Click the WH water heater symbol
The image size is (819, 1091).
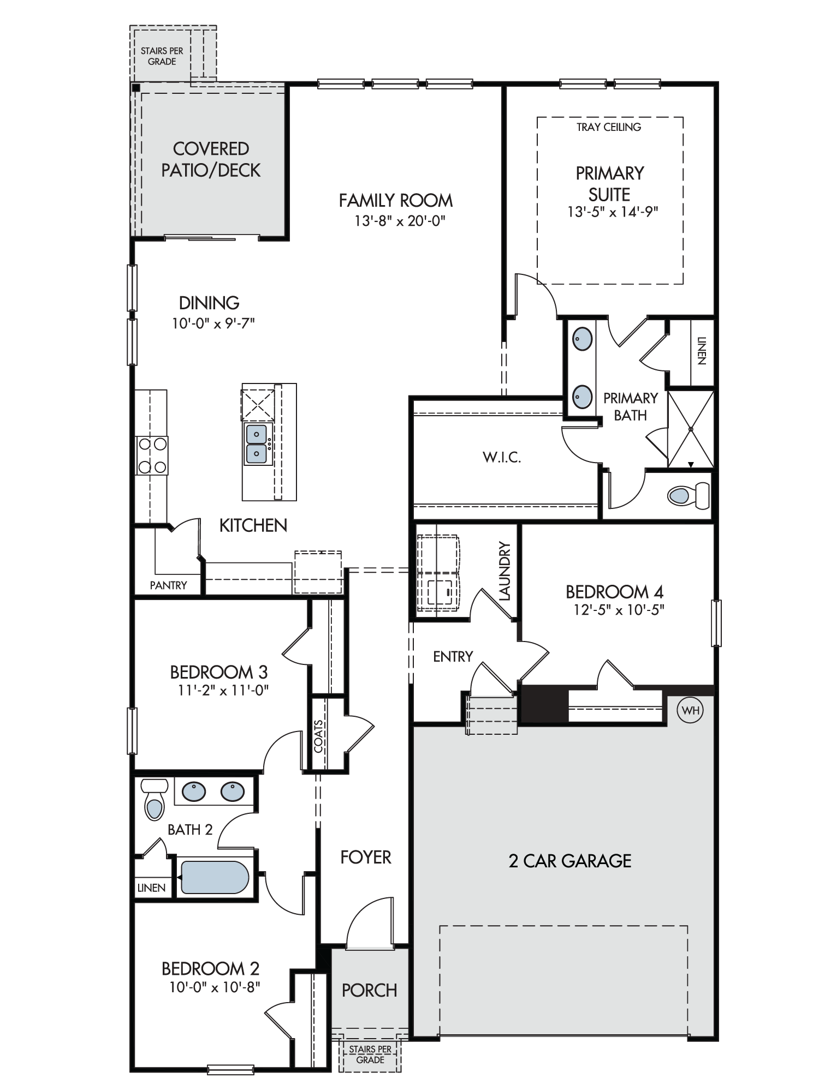690,710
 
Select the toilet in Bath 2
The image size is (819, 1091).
155,800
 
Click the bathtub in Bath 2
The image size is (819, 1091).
215,877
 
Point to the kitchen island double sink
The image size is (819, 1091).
257,444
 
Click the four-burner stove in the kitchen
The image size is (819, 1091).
152,455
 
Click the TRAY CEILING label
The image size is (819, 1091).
609,127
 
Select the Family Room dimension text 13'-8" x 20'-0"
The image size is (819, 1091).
400,221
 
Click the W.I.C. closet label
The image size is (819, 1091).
502,458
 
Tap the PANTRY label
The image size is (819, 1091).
168,585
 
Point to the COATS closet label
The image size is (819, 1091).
319,736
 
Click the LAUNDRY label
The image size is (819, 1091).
505,571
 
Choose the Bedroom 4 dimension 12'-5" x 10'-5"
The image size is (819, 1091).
619,609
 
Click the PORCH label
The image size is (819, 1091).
370,990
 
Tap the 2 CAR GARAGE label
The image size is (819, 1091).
570,861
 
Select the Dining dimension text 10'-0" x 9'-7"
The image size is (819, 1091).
213,323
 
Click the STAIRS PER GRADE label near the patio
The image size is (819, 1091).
162,56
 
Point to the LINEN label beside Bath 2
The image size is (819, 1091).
151,888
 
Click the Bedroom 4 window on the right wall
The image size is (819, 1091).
716,623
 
